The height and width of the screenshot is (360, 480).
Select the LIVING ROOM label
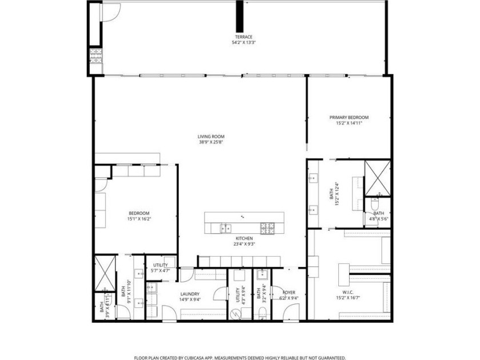pos(211,137)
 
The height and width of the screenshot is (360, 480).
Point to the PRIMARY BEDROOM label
pos(349,118)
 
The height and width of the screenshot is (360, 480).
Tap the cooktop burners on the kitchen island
pos(267,228)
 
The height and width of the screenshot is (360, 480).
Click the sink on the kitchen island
pos(223,227)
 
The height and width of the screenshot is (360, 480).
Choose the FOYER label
pos(289,292)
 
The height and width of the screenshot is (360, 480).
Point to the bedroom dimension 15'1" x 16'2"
pos(138,218)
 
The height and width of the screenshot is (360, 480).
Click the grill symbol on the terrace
pos(95,56)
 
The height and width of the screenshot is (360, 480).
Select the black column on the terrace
pos(240,17)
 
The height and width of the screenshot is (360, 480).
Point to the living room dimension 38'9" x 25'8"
pos(211,142)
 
